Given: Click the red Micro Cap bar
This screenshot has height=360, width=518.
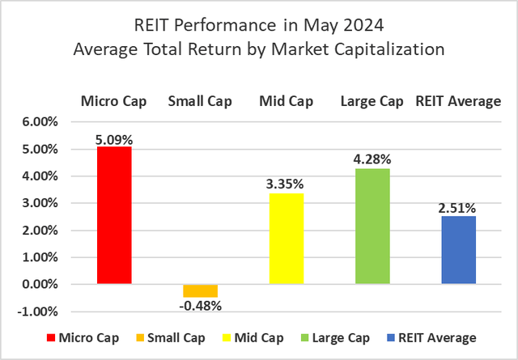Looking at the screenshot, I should click(114, 215).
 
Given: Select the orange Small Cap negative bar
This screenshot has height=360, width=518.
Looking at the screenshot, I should click(200, 290).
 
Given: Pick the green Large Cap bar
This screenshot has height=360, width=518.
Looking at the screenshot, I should click(372, 226).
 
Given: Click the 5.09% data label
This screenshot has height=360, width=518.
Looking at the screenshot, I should click(114, 138).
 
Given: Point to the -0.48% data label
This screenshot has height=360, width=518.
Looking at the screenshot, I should click(200, 306).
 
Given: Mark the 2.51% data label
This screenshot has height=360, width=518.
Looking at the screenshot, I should click(458, 208).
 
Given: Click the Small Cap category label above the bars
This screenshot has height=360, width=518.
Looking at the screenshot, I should click(200, 101).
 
